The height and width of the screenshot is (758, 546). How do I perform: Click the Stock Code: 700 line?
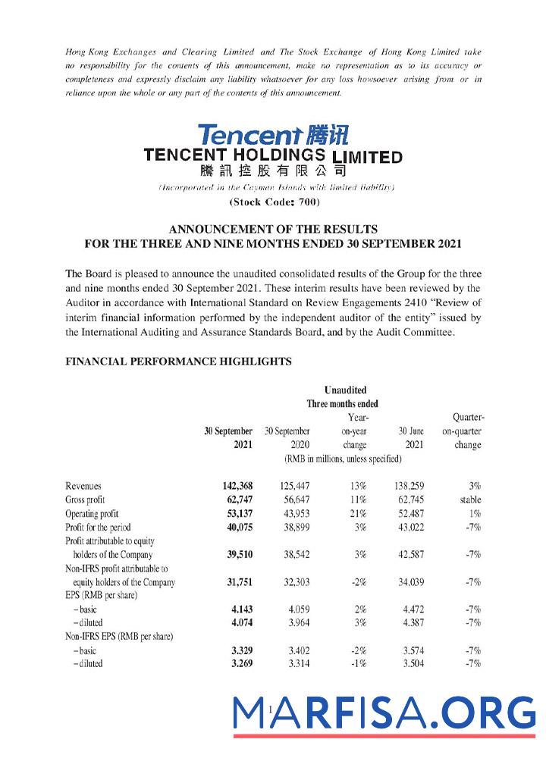(274, 202)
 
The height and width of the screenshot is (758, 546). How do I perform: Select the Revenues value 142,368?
(233, 486)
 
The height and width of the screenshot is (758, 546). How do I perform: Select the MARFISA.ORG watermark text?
(384, 713)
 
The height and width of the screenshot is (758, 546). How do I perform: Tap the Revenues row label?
(83, 486)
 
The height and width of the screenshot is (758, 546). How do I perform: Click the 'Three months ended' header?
(342, 404)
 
